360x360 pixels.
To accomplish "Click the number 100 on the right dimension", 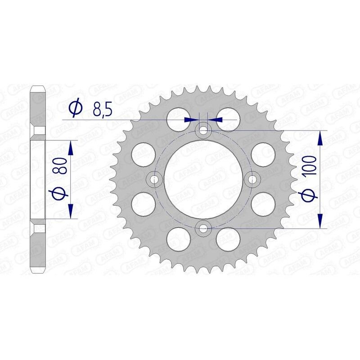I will pyautogui.click(x=310, y=167).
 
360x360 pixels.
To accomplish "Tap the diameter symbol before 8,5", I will pyautogui.click(x=76, y=108).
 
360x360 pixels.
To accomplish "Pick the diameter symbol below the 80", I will pyautogui.click(x=62, y=193).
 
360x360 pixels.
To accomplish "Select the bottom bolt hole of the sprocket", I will pyautogui.click(x=204, y=228).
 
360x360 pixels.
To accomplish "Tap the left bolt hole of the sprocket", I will pyautogui.click(x=156, y=180).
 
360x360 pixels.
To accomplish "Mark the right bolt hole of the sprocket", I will pyautogui.click(x=253, y=180).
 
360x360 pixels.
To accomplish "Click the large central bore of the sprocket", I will pyautogui.click(x=204, y=180).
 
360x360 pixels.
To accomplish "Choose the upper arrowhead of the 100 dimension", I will pyautogui.click(x=320, y=138).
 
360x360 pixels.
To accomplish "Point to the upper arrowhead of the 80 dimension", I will pyautogui.click(x=70, y=148).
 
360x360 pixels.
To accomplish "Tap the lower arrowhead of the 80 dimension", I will pyautogui.click(x=70, y=211).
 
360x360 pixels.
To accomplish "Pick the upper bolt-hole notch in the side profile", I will pyautogui.click(x=39, y=131).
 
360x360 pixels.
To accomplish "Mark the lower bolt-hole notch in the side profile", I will pyautogui.click(x=39, y=228).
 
